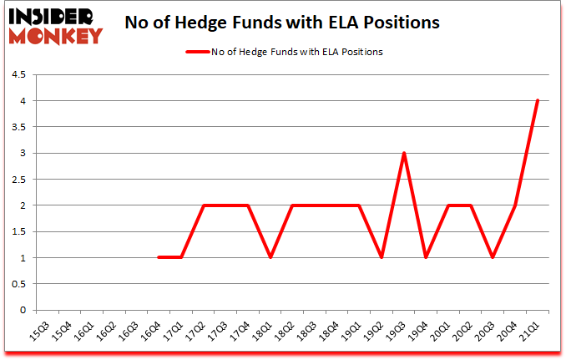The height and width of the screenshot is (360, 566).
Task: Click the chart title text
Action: [x=281, y=23]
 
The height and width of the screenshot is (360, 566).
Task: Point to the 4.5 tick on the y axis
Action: [x=19, y=75]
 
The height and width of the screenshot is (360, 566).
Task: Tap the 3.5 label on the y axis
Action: [x=19, y=127]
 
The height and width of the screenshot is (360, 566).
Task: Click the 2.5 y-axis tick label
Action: [x=19, y=180]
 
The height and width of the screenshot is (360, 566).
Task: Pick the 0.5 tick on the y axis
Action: [x=19, y=284]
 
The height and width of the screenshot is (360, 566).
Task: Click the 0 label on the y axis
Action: [x=23, y=310]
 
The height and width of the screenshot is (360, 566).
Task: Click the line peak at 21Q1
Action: [x=538, y=101]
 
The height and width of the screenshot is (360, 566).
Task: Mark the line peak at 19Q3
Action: [x=404, y=154]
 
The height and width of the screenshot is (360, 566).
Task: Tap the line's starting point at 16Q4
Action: [x=158, y=257]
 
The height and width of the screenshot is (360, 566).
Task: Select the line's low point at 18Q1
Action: [x=270, y=257]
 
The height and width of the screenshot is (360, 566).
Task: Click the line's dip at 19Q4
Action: [x=427, y=257]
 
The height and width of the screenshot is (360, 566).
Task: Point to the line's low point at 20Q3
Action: [x=493, y=257]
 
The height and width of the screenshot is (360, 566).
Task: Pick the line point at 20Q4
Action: [x=516, y=205]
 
